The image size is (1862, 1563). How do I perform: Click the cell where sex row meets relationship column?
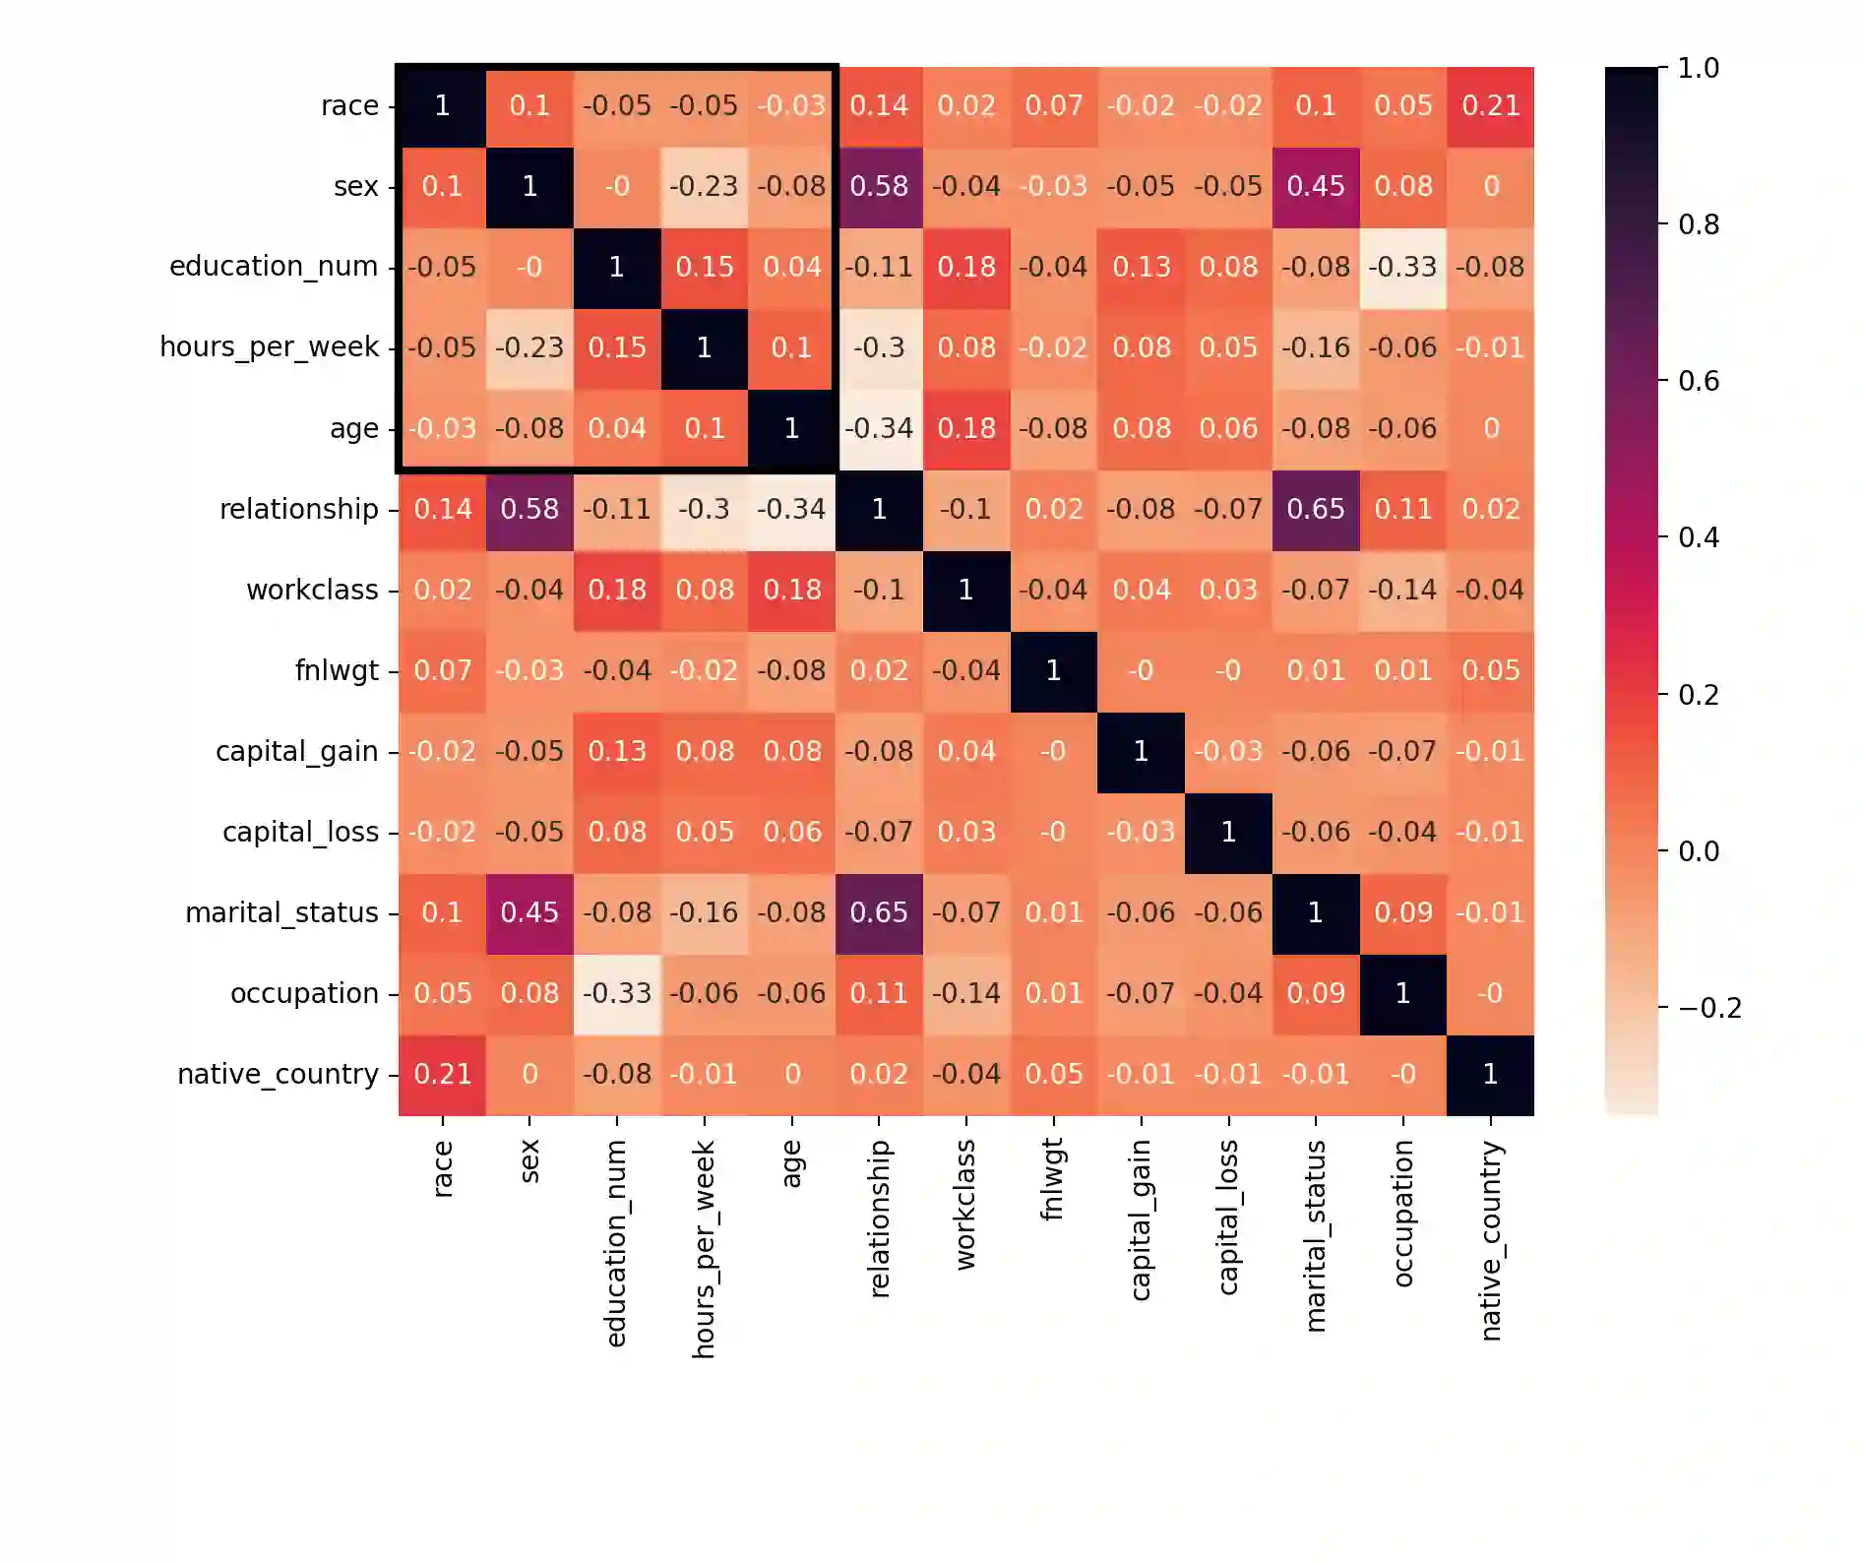click(x=879, y=186)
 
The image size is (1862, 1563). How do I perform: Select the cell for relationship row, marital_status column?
click(x=1316, y=509)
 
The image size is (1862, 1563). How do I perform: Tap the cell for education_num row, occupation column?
click(x=1402, y=267)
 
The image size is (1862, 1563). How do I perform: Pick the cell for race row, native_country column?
click(x=1490, y=105)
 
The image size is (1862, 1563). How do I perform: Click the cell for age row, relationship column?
click(x=879, y=428)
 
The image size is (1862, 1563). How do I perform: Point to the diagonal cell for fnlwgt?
click(x=1053, y=670)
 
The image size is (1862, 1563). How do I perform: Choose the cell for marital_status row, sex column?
click(x=529, y=912)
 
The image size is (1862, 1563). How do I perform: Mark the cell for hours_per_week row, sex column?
click(x=529, y=347)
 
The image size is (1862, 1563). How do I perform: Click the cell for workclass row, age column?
click(x=791, y=590)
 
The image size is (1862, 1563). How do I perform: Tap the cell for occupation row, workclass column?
click(x=966, y=993)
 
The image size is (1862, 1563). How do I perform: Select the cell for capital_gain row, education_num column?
click(x=617, y=751)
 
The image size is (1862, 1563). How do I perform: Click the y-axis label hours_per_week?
click(x=269, y=347)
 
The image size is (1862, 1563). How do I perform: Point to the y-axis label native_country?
click(x=278, y=1074)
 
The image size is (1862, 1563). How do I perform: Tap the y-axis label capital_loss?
click(x=300, y=833)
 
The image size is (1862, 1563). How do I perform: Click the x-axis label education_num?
click(x=616, y=1243)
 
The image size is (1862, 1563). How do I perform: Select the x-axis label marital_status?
click(x=1316, y=1236)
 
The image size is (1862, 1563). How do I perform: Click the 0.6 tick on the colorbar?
click(x=1699, y=381)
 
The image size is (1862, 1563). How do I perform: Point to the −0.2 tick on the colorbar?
click(x=1708, y=1008)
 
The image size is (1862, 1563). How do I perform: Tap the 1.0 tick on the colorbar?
click(x=1699, y=68)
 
